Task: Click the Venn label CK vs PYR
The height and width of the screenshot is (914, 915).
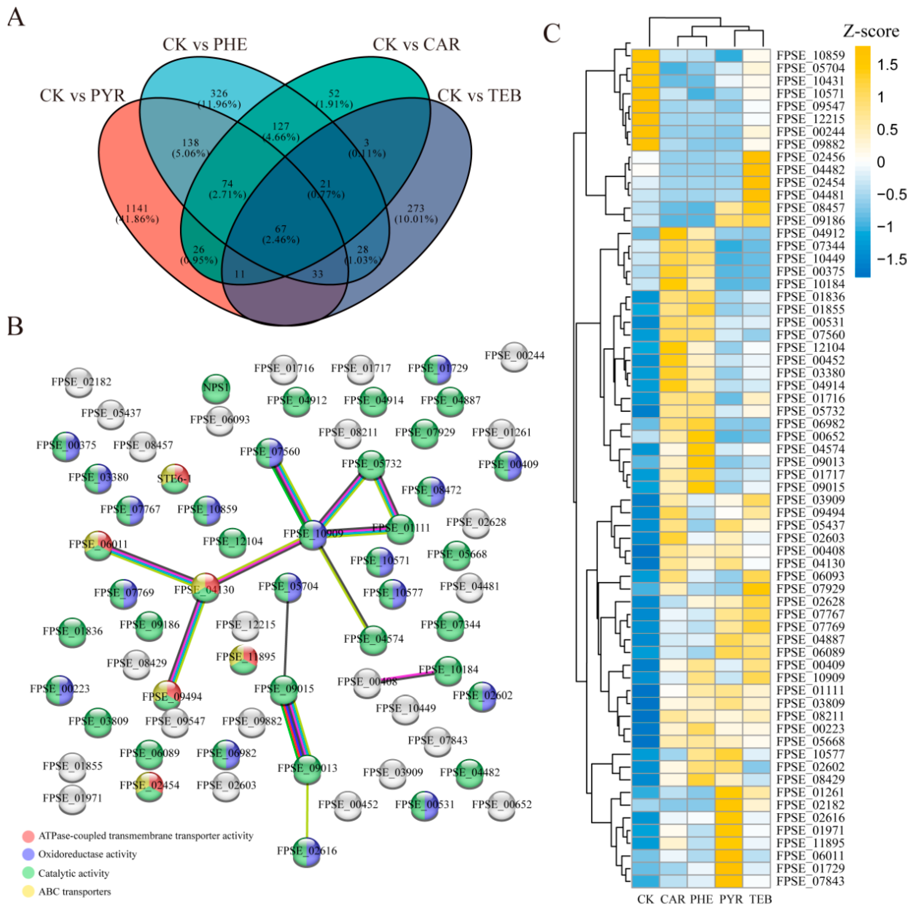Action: tap(82, 96)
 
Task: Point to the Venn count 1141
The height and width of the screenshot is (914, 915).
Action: tap(136, 208)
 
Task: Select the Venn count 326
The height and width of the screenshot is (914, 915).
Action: tap(219, 93)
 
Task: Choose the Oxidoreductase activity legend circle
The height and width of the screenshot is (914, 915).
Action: tap(28, 854)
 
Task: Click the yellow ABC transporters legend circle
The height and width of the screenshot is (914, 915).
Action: tap(28, 892)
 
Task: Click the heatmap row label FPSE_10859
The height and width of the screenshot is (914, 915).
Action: tap(810, 55)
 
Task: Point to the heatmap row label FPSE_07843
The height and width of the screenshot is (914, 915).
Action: tap(810, 881)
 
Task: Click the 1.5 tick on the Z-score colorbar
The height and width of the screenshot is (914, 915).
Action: tap(887, 65)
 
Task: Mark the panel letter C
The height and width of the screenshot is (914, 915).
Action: tap(552, 33)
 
